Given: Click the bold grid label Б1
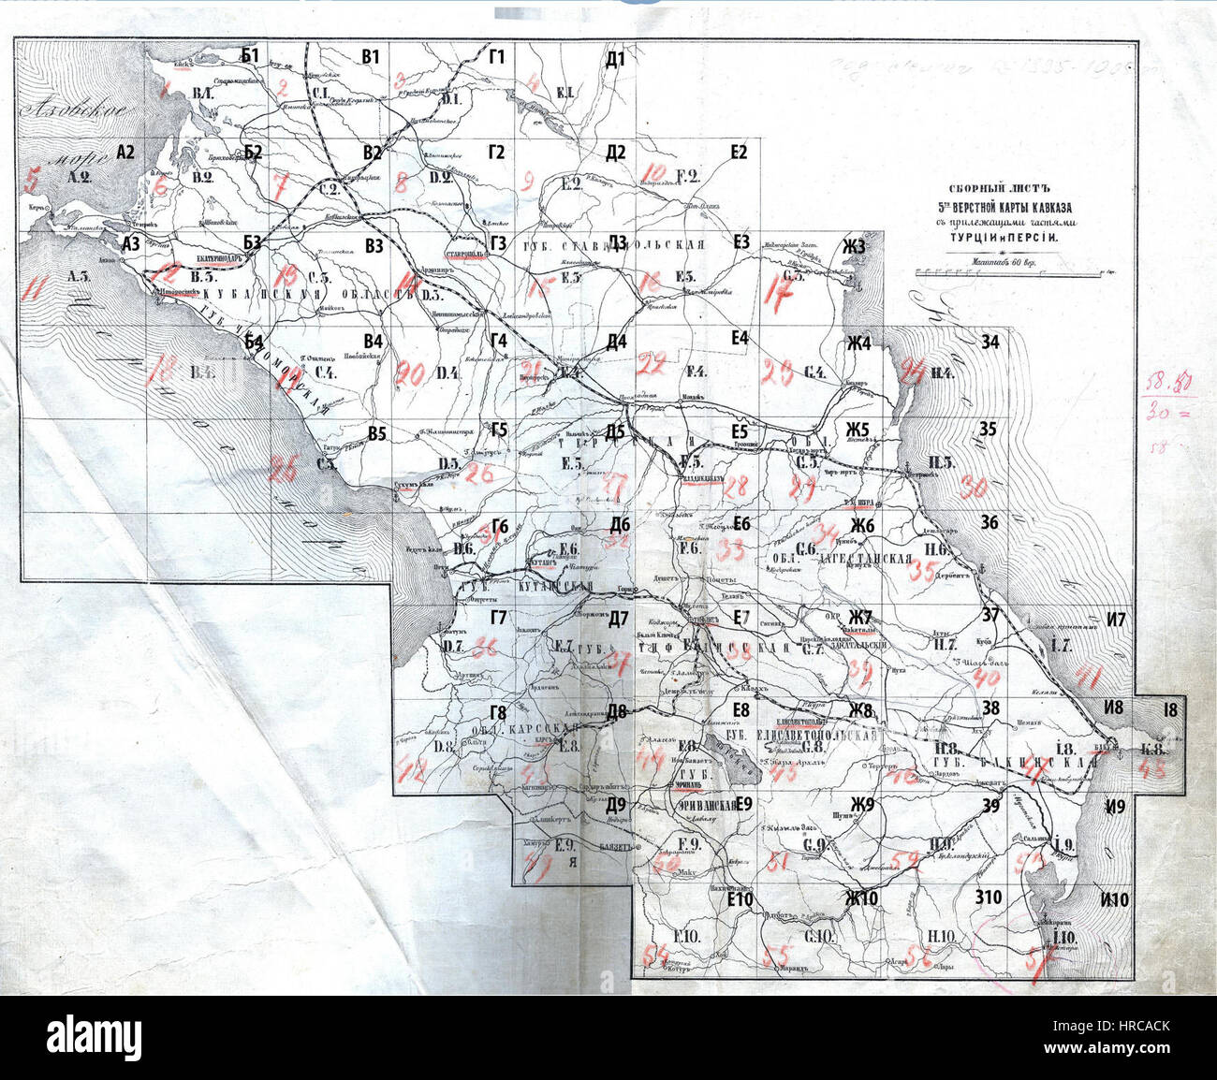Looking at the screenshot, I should click(x=250, y=55).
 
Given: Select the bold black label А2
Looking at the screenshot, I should click(x=125, y=153).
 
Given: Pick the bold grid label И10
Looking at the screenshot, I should click(x=1116, y=900).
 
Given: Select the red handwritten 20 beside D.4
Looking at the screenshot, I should click(x=409, y=374).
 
